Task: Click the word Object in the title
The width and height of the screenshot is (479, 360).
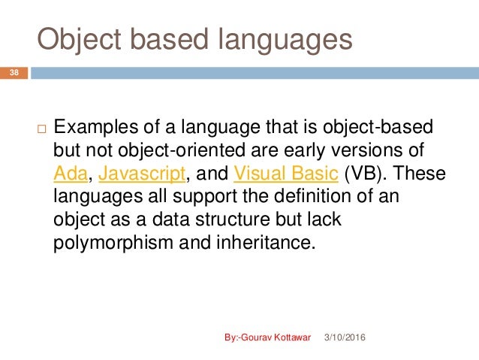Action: coord(83,40)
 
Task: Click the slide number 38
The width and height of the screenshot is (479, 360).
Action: coord(14,73)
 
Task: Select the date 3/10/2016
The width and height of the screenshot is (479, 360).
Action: coord(342,339)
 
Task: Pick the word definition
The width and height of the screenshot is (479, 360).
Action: coord(321,198)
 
